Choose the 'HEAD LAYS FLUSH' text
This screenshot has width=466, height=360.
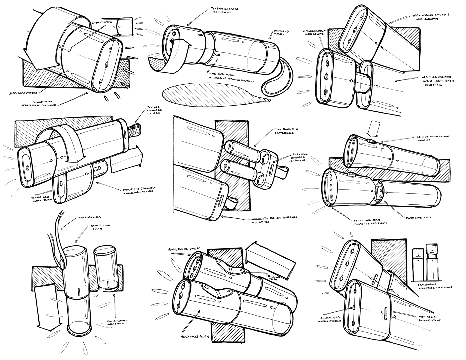click(199, 336)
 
